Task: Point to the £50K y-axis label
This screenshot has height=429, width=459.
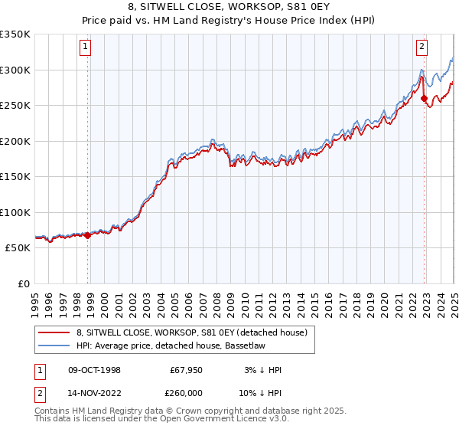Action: [x=17, y=248]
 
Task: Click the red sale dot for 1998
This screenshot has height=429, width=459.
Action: [x=87, y=235]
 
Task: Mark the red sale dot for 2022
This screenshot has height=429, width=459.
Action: [x=424, y=97]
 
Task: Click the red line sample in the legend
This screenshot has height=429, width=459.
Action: [x=54, y=332]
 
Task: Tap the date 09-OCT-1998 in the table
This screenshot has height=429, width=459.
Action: [x=95, y=370]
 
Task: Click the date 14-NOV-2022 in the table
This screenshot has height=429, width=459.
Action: [x=95, y=391]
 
